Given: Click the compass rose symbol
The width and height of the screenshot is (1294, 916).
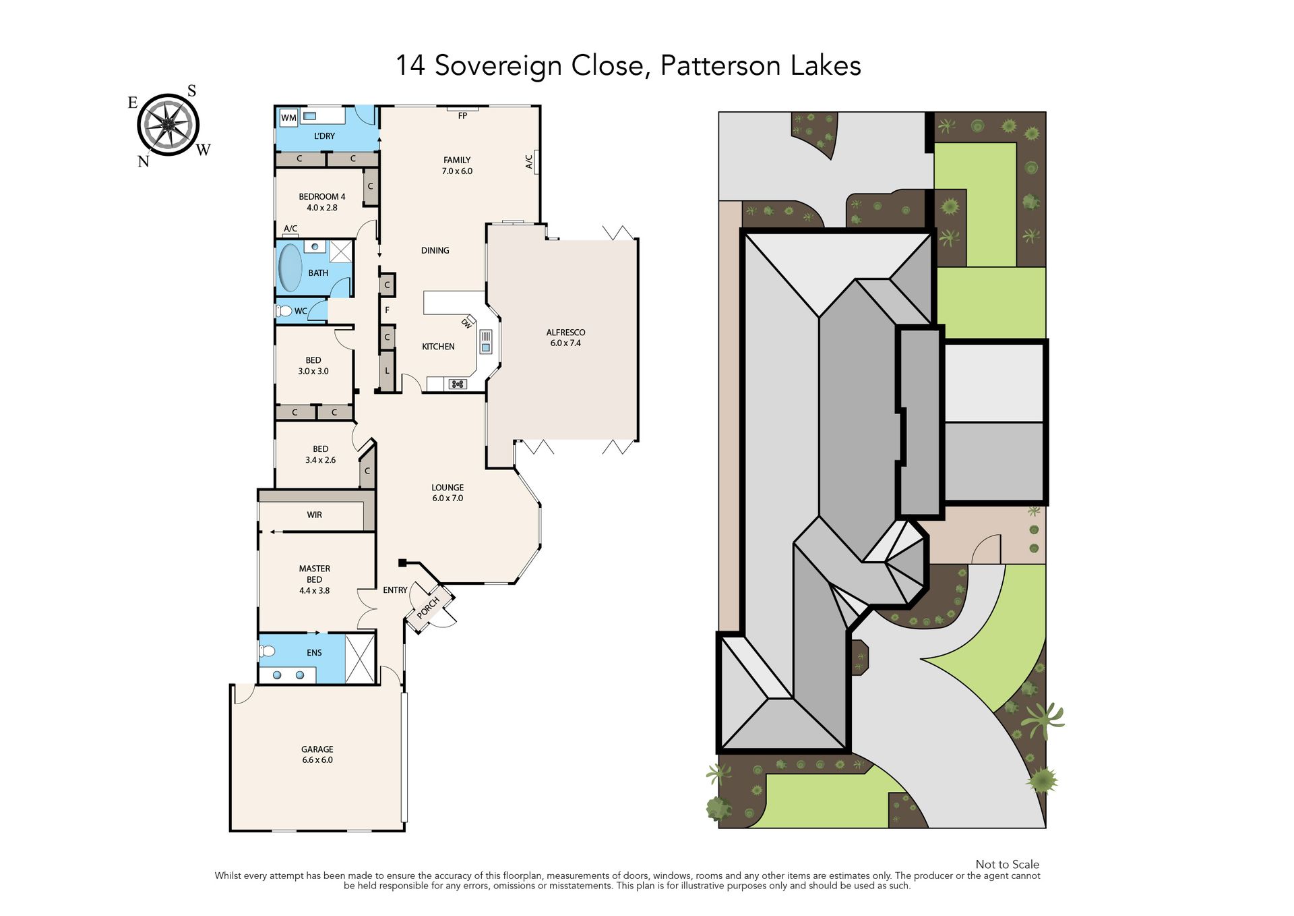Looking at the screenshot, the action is click(x=168, y=125).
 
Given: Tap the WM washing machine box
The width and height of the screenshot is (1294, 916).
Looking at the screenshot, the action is click(x=288, y=117).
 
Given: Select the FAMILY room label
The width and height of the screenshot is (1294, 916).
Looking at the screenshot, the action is click(x=457, y=160).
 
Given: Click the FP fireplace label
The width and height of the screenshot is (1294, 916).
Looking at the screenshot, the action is click(x=462, y=116).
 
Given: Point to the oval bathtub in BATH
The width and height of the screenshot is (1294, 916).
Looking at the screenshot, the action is click(x=290, y=268).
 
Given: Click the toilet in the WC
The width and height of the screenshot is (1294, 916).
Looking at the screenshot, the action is click(x=284, y=311).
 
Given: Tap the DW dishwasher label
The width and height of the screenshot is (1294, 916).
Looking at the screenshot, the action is click(x=466, y=323).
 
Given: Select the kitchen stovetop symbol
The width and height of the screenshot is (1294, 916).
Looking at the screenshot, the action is click(x=458, y=384).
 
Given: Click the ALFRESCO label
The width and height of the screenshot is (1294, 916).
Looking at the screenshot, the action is click(x=565, y=332).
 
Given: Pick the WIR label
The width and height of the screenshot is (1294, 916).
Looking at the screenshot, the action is click(x=314, y=515).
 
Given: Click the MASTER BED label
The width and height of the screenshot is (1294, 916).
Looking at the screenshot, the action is click(x=315, y=574).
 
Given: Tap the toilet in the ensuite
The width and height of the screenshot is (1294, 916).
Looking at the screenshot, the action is click(x=267, y=651).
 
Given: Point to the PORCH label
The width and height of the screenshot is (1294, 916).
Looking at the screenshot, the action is click(x=428, y=608).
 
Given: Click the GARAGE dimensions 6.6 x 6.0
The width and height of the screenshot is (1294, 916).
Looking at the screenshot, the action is click(x=317, y=760).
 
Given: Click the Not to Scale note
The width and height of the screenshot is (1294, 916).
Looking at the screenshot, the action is click(x=1007, y=864).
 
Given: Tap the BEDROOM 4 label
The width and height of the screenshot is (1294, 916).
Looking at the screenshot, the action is click(x=322, y=197).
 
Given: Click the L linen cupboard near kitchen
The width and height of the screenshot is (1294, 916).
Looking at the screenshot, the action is click(x=387, y=371).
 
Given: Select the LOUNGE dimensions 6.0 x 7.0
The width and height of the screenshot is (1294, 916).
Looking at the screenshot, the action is click(x=448, y=498).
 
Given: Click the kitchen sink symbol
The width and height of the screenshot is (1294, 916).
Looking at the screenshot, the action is click(x=486, y=342).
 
